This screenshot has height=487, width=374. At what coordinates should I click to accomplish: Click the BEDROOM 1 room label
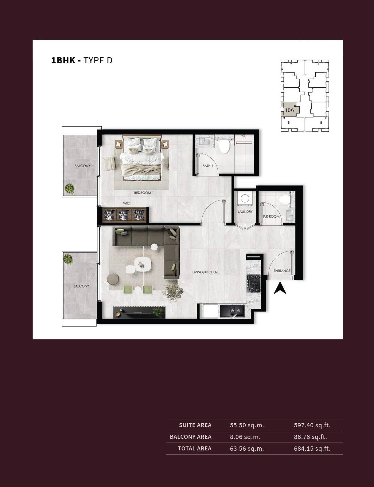coord(144,192)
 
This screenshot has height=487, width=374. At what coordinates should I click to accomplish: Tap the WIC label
coord(126,203)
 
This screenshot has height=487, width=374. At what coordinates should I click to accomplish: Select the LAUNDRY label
coord(245,212)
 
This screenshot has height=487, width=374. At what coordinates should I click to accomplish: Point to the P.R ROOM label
coord(271,216)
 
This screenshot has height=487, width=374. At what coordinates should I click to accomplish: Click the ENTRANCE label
coord(282,271)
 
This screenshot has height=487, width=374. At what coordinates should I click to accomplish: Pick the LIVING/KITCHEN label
coord(205,272)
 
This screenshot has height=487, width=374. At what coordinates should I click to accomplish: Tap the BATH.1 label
coord(208,166)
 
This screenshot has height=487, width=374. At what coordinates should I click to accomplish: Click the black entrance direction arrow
coord(280,288)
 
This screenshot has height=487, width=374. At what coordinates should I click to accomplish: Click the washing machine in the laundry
coord(245,198)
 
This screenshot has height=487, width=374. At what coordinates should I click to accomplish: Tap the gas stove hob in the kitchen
coord(254,284)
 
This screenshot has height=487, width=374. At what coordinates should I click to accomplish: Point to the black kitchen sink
coord(232,311)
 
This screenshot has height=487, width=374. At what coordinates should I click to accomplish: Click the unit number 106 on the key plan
coord(289,110)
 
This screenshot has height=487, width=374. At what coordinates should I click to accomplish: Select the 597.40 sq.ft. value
coord(312,425)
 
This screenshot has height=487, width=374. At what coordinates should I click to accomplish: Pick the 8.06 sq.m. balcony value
coord(245,437)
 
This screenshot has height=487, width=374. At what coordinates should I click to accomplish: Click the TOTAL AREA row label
coord(194,449)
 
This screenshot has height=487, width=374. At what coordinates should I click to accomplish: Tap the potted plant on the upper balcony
coord(69,189)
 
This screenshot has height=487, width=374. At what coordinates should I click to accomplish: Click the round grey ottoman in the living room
coord(113,279)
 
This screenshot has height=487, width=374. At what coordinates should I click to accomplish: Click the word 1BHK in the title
coord(63,61)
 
